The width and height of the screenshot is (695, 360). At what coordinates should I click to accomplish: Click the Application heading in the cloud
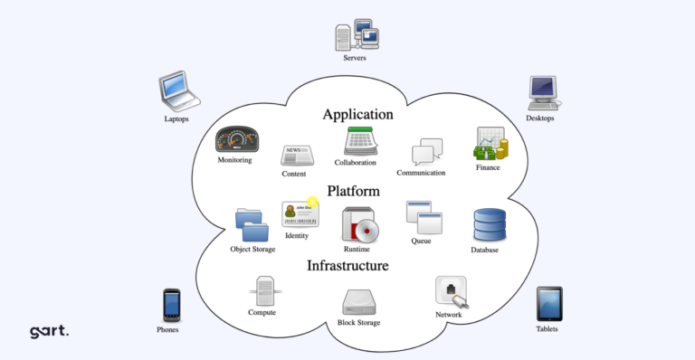tap(357, 115)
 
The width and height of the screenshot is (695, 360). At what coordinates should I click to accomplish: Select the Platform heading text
tap(353, 191)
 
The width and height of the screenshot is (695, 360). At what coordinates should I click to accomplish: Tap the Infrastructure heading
tap(347, 266)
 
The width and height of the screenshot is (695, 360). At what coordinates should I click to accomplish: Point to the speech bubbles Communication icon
tap(427, 152)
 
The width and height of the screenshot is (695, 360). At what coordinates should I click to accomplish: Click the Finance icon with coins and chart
tap(490, 145)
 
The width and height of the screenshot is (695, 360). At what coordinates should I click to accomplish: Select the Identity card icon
tap(299, 214)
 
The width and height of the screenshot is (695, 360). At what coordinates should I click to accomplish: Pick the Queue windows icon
tap(423, 218)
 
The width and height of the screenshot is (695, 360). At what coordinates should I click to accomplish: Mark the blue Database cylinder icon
tap(490, 226)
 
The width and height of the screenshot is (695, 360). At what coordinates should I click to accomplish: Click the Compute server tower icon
tap(263, 293)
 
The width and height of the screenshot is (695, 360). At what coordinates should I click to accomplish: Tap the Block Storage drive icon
tap(359, 302)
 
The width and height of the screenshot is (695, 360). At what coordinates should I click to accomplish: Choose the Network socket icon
tap(451, 292)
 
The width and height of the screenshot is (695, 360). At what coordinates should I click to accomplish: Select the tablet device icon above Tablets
tap(548, 304)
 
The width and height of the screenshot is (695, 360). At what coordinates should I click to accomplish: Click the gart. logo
tap(49, 331)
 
